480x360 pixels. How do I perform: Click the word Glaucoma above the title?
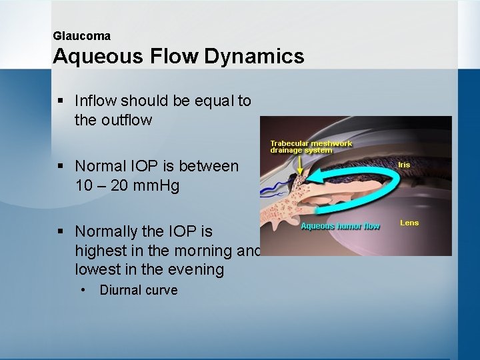point(81,36)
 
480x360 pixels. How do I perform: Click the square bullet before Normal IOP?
point(61,165)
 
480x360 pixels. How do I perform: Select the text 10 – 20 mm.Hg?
point(127,185)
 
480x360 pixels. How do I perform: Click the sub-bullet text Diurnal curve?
point(139,290)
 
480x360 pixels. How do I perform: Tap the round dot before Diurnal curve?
point(82,290)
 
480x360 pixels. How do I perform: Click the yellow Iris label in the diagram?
point(404,165)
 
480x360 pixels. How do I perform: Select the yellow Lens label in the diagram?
point(409,223)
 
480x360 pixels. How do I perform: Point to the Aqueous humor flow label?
point(340,226)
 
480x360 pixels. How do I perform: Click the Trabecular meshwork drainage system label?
point(311,147)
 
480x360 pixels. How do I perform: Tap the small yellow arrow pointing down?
point(300,168)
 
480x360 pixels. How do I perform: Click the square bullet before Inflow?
point(61,101)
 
